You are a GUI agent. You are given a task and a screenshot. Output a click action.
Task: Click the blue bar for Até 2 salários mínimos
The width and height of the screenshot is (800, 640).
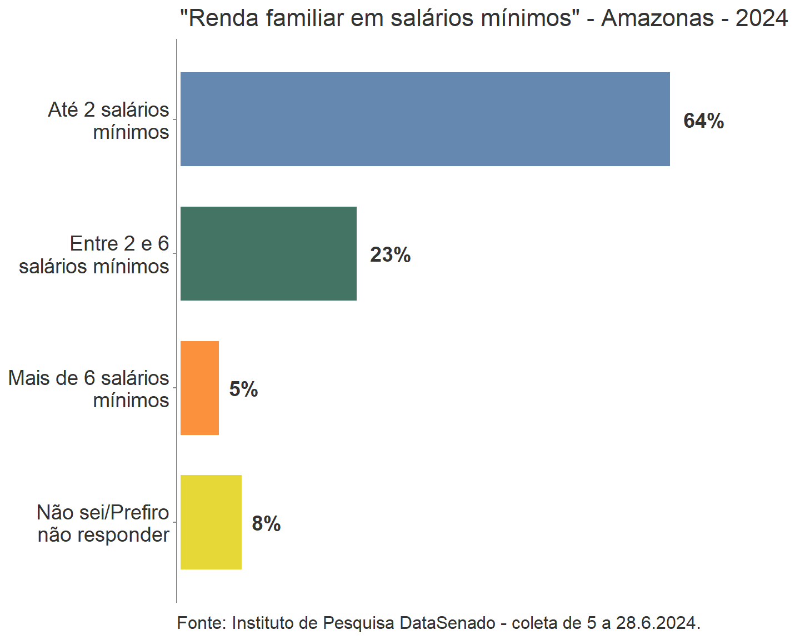tap(425, 119)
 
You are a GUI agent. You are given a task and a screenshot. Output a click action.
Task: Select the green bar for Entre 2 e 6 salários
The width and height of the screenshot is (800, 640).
tap(268, 253)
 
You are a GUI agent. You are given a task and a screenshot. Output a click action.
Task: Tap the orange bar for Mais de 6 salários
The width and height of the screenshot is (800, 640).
tap(199, 388)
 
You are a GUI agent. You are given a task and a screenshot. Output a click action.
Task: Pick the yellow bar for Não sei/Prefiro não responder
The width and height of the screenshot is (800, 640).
tap(211, 522)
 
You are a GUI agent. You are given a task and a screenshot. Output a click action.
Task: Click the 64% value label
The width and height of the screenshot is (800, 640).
tap(703, 121)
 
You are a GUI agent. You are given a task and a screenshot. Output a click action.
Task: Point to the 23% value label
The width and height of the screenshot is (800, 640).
tap(390, 255)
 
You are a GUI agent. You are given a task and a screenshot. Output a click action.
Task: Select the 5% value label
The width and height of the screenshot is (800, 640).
tap(243, 389)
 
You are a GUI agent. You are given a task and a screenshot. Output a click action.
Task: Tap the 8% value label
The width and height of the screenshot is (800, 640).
tap(266, 524)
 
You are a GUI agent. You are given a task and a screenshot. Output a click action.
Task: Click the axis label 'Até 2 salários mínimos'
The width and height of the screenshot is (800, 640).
tap(109, 121)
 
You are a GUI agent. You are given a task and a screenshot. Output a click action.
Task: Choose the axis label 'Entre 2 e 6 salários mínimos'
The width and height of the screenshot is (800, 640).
tap(94, 255)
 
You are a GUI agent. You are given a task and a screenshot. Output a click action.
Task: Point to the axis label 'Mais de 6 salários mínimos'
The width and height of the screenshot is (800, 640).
tap(89, 389)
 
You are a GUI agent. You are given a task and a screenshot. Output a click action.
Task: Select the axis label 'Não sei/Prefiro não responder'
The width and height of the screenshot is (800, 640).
tap(103, 523)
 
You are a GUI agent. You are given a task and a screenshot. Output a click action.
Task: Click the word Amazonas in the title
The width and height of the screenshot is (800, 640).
tap(657, 18)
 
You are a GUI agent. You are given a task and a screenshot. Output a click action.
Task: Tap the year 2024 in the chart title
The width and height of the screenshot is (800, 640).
tap(761, 18)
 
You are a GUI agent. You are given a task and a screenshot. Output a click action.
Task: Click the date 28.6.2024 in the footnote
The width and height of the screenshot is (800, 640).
tap(656, 623)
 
